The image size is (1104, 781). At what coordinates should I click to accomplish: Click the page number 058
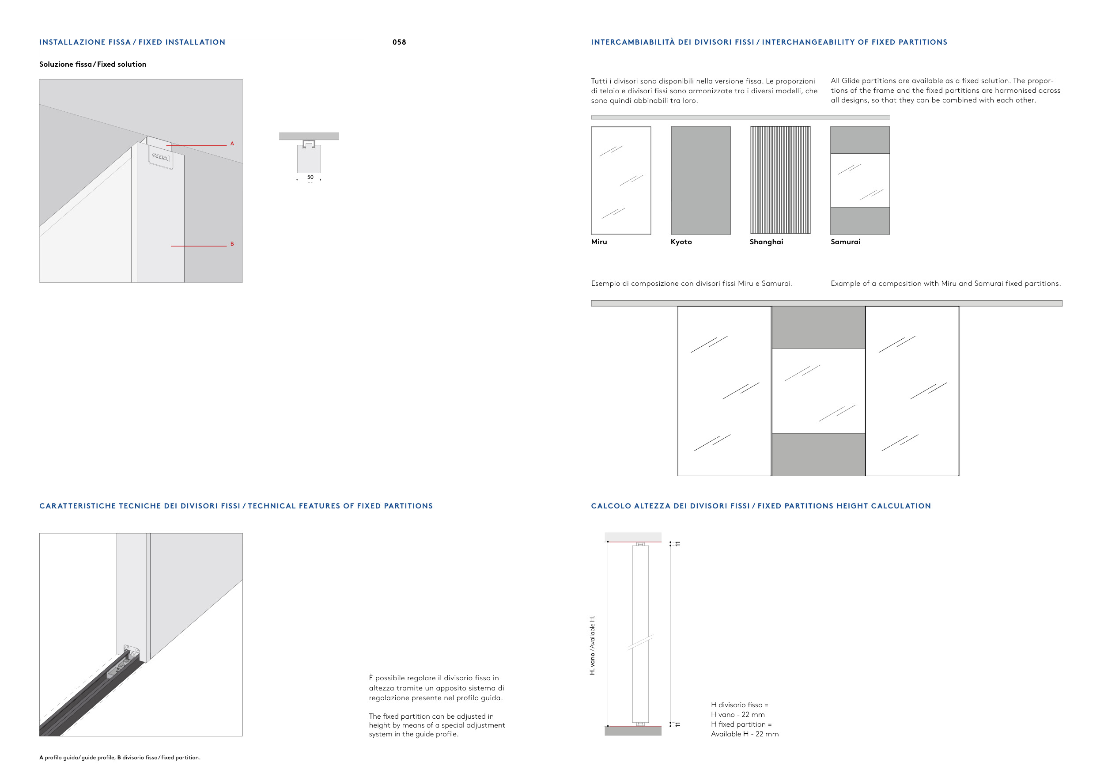pyautogui.click(x=399, y=42)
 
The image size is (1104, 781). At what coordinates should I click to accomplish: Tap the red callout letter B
pyautogui.click(x=232, y=244)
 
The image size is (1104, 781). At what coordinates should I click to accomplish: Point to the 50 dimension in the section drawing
pyautogui.click(x=310, y=177)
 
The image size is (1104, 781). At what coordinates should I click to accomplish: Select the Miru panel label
pyautogui.click(x=599, y=242)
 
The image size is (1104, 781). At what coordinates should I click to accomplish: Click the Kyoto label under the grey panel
pyautogui.click(x=681, y=242)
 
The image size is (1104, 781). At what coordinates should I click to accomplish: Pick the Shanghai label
pyautogui.click(x=767, y=242)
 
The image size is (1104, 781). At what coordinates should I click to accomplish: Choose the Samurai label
pyautogui.click(x=845, y=242)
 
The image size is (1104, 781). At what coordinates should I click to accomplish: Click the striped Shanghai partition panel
pyautogui.click(x=780, y=180)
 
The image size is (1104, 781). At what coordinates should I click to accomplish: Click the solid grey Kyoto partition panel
pyautogui.click(x=700, y=180)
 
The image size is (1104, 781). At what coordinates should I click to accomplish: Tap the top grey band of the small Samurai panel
pyautogui.click(x=860, y=140)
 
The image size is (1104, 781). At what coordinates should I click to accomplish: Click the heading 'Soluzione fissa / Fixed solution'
pyautogui.click(x=93, y=64)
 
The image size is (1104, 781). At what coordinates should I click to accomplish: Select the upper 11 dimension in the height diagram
pyautogui.click(x=678, y=543)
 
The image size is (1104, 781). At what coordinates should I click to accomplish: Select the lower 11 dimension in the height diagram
pyautogui.click(x=678, y=724)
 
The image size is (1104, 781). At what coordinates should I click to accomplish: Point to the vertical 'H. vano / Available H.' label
pyautogui.click(x=592, y=645)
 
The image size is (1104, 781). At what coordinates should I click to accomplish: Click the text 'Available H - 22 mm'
pyautogui.click(x=745, y=734)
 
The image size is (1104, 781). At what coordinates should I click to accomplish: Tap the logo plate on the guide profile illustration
pyautogui.click(x=161, y=158)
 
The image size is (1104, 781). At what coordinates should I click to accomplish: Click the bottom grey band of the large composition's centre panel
pyautogui.click(x=818, y=455)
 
